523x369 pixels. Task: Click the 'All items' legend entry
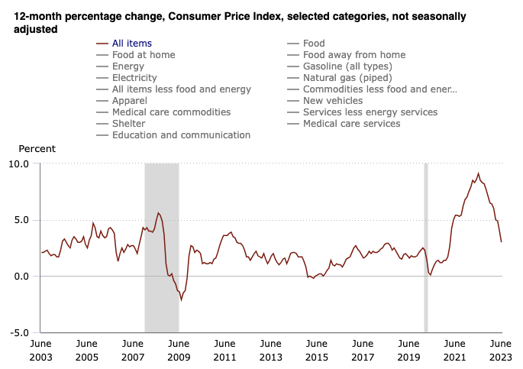coord(131,44)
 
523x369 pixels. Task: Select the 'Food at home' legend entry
coord(143,55)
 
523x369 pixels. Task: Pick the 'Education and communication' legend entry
coord(181,135)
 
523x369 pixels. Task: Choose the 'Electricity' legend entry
coord(134,78)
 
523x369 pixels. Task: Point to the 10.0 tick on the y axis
coord(19,163)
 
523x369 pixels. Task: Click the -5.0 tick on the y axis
coord(19,333)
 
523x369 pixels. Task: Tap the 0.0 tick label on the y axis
coord(21,277)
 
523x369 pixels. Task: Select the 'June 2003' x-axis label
coord(41,351)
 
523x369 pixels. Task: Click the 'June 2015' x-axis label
coord(317,351)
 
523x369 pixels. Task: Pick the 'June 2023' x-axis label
coord(500,351)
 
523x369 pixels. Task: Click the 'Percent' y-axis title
coord(37,149)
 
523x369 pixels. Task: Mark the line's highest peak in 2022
coord(479,173)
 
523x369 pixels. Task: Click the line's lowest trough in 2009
coord(181,299)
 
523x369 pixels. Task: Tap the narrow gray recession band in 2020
coord(426,248)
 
